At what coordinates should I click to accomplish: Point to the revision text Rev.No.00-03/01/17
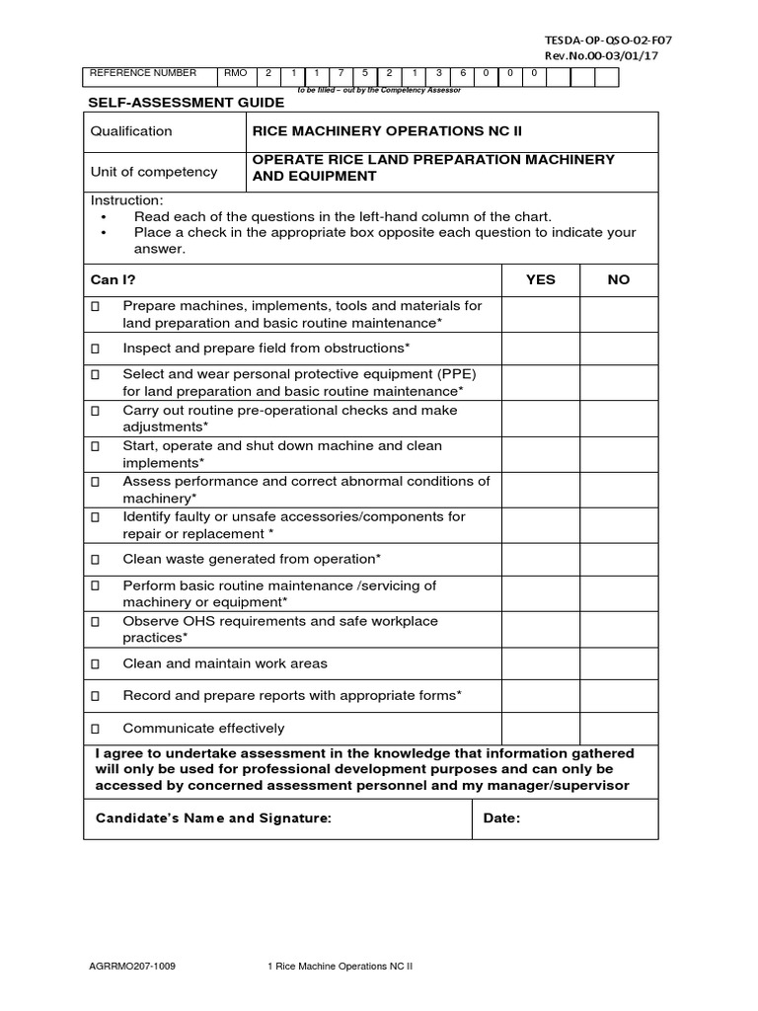coord(602,55)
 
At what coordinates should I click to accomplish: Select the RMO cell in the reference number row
coord(238,73)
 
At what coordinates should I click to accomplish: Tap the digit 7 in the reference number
coord(341,73)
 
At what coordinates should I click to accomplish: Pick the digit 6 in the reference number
coord(462,73)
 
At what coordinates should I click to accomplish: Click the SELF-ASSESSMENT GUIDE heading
coord(188,103)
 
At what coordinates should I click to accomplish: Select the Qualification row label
coord(131,131)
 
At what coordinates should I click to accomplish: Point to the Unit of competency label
coord(154,172)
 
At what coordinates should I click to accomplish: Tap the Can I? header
coord(114,279)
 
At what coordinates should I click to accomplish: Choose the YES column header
coord(541,279)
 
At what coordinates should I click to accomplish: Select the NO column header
coord(619,279)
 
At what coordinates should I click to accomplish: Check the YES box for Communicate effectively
coord(541,729)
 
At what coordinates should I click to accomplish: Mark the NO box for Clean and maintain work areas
coord(619,664)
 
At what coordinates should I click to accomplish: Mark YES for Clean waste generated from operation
coord(541,560)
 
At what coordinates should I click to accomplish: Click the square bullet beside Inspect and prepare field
coord(96,349)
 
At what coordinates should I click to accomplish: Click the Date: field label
coord(501,818)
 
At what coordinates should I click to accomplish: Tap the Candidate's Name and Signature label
coord(213,818)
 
